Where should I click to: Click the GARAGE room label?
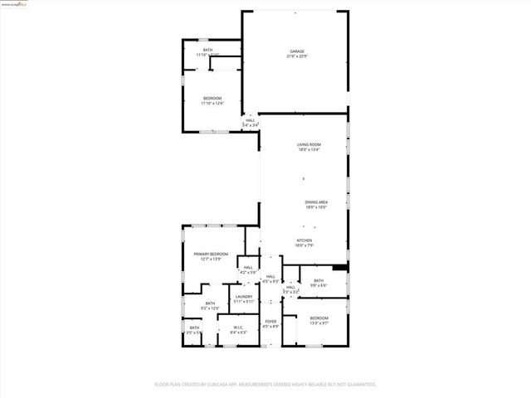point(295,51)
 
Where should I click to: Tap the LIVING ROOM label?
point(309,145)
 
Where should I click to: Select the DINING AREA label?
point(315,202)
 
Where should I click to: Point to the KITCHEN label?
point(304,240)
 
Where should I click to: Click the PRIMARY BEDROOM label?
point(211,254)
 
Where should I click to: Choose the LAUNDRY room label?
point(243,296)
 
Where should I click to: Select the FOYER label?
point(270,321)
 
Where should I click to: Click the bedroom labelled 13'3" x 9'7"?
point(319,318)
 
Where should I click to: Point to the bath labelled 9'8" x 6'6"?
point(319,280)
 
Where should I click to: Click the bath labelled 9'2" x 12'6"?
point(210,303)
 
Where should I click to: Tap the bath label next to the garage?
point(207,50)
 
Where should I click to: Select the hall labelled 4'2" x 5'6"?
point(248,267)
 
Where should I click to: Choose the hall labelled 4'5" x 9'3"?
point(270,277)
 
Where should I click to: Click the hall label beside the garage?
point(250,120)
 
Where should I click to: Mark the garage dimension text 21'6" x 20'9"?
point(295,56)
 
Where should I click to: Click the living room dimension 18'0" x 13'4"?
point(309,150)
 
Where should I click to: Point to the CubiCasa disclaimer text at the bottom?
point(265,384)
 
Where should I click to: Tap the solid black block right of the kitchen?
point(339,268)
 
